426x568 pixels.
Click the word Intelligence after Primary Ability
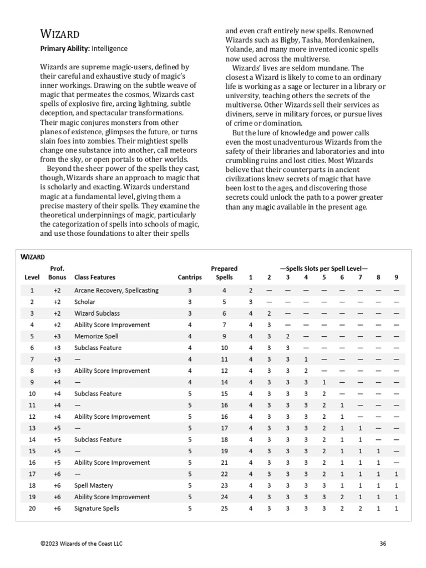(x=110, y=49)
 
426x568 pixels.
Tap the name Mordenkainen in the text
(x=346, y=40)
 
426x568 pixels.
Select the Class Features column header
(x=95, y=277)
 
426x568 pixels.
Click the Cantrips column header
(x=190, y=277)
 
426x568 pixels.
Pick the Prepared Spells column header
(x=224, y=273)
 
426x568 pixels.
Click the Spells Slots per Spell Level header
(x=323, y=268)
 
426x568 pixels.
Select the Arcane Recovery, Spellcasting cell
(x=116, y=290)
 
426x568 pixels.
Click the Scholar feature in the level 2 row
(x=85, y=302)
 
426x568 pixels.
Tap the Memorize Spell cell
(x=96, y=336)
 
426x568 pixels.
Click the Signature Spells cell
(x=97, y=508)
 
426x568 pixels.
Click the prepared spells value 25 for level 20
(x=224, y=508)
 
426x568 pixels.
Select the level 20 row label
(x=32, y=508)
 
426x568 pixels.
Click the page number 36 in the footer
(x=383, y=544)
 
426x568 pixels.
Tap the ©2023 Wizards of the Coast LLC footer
(x=81, y=544)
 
